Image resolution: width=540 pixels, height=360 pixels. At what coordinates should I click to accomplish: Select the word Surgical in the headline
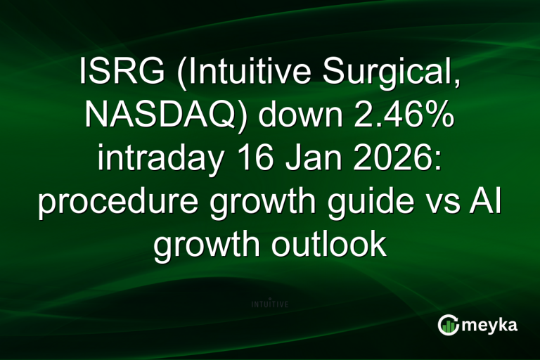(x=394, y=73)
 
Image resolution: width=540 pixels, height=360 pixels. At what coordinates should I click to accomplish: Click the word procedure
(x=112, y=202)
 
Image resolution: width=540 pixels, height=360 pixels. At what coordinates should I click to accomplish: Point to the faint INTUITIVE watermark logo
(x=270, y=304)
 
